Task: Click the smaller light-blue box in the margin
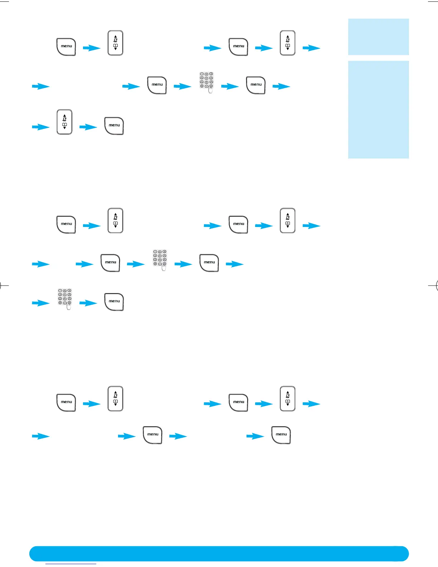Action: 378,37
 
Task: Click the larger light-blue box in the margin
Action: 378,110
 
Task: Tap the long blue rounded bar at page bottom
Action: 219,553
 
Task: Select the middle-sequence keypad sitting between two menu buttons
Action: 160,260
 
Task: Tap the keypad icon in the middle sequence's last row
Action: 65,299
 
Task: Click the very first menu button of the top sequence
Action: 66,47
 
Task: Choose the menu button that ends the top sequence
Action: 114,126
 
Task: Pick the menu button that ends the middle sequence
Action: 114,302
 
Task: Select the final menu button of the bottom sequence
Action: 281,435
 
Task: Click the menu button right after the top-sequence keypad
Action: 255,85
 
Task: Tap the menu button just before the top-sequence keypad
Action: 157,85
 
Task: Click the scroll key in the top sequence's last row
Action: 64,122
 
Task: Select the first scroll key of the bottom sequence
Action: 115,398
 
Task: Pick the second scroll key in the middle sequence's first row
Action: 287,220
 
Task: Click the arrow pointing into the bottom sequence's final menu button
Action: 255,436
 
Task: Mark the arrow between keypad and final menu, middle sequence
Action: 88,303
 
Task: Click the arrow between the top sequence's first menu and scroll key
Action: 92,48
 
